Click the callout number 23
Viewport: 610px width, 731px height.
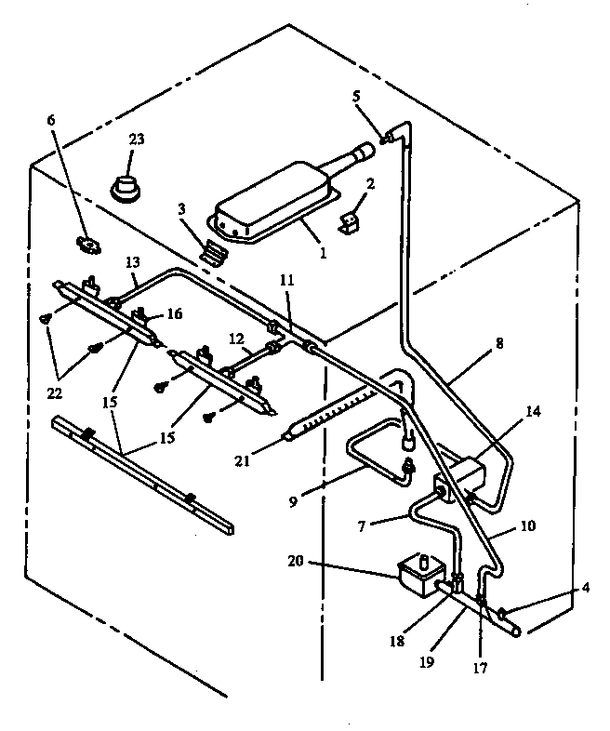tap(137, 140)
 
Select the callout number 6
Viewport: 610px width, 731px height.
tap(51, 121)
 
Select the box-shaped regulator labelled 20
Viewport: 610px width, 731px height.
tap(418, 575)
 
